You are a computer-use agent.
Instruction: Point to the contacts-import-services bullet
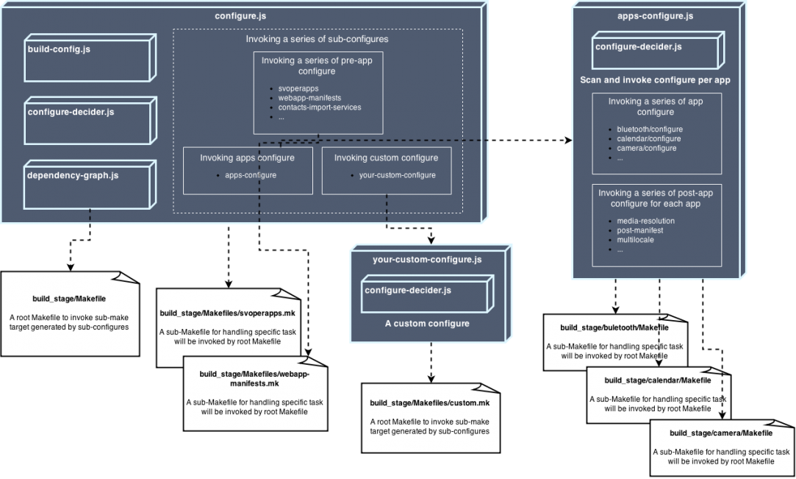pyautogui.click(x=319, y=107)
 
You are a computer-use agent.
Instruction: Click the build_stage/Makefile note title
pyautogui.click(x=69, y=299)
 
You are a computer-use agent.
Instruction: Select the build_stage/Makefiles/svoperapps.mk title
pyautogui.click(x=227, y=313)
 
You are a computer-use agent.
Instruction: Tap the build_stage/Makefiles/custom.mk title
pyautogui.click(x=429, y=403)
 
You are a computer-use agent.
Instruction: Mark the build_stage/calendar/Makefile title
pyautogui.click(x=657, y=380)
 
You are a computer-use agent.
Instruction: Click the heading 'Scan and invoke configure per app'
pyautogui.click(x=654, y=79)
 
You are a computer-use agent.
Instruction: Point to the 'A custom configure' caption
pyautogui.click(x=427, y=323)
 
